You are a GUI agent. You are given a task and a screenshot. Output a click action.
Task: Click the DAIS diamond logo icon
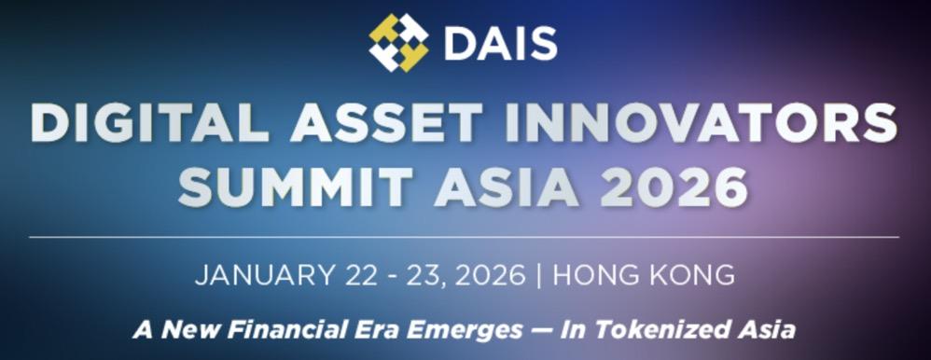[398, 42]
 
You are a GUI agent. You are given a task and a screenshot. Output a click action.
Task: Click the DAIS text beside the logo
[501, 43]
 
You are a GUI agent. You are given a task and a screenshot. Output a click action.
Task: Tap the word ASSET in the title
[386, 123]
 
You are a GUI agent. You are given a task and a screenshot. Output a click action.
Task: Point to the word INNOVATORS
[702, 123]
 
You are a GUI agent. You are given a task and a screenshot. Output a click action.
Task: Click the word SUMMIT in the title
[296, 187]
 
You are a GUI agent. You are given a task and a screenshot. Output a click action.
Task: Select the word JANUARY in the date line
[264, 275]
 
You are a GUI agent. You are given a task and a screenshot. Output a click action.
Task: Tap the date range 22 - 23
[392, 275]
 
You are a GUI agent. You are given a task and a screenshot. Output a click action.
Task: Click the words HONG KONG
[644, 275]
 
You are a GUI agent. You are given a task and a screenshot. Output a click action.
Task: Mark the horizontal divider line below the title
[464, 237]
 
